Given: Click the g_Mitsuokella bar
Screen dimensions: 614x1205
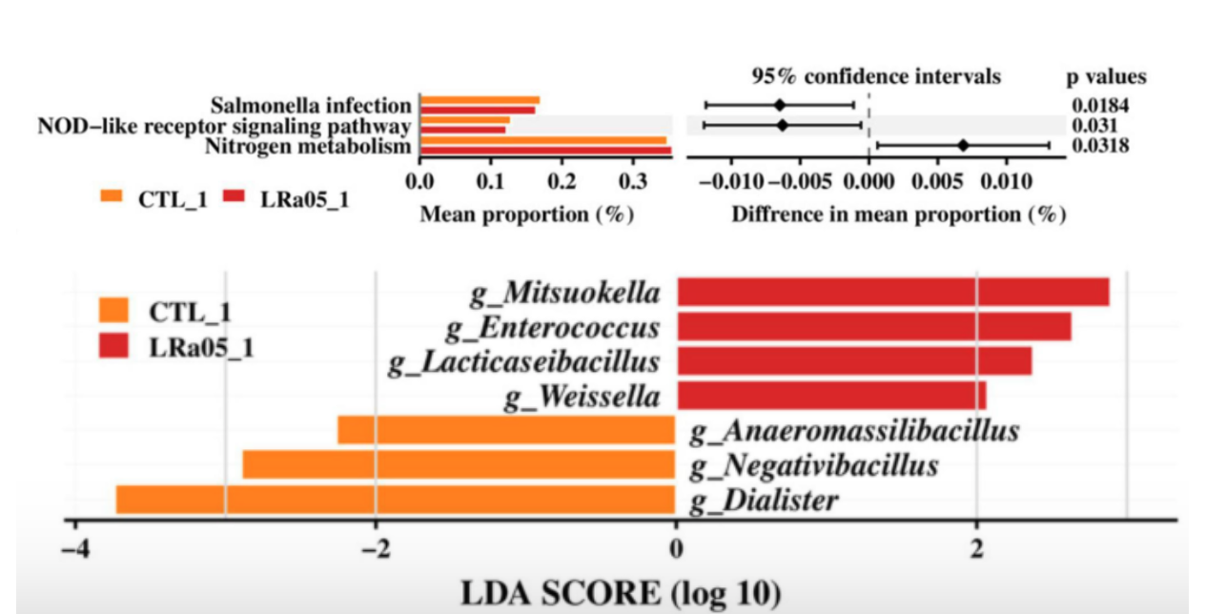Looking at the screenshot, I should pos(892,292).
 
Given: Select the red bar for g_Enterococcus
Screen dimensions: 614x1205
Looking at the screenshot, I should pos(873,327).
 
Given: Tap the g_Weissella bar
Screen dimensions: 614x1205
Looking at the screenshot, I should pos(831,395).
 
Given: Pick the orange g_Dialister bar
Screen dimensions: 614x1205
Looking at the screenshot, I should pos(396,500).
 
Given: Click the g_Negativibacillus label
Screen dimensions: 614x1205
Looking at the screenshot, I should pos(814,465).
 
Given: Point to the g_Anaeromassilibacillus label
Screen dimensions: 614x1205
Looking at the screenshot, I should pos(854,431).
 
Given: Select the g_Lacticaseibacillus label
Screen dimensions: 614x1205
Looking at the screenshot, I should pos(523,361).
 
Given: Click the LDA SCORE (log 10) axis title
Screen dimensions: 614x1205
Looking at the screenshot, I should pos(621,592).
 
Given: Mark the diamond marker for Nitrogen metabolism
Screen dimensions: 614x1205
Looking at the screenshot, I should pos(963,145).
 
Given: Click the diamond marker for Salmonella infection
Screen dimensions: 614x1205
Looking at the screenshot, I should pos(779,105).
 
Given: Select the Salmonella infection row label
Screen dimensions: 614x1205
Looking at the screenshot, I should pos(311,105).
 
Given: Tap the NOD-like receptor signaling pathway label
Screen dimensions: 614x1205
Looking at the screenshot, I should pos(224,126).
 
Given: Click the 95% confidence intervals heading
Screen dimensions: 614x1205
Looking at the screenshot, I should pos(875,76).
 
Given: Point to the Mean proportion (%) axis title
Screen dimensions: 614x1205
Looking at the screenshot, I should pos(527,215).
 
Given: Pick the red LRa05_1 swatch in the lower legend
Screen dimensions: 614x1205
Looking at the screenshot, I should pos(113,345).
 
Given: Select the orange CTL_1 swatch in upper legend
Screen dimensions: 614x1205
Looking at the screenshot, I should pos(112,197).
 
